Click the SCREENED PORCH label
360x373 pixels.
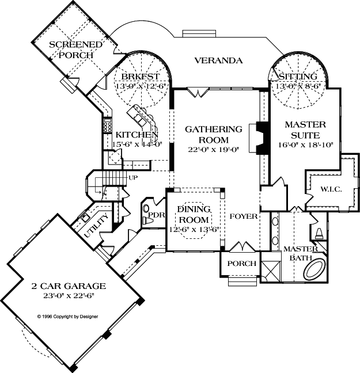[x=76, y=50]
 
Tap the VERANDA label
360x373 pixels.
[x=218, y=60]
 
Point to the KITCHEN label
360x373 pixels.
[x=137, y=135]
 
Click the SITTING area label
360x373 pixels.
[x=297, y=77]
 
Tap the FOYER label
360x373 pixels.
[x=242, y=217]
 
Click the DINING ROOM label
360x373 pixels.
[x=194, y=214]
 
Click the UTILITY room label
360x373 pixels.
[x=96, y=228]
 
